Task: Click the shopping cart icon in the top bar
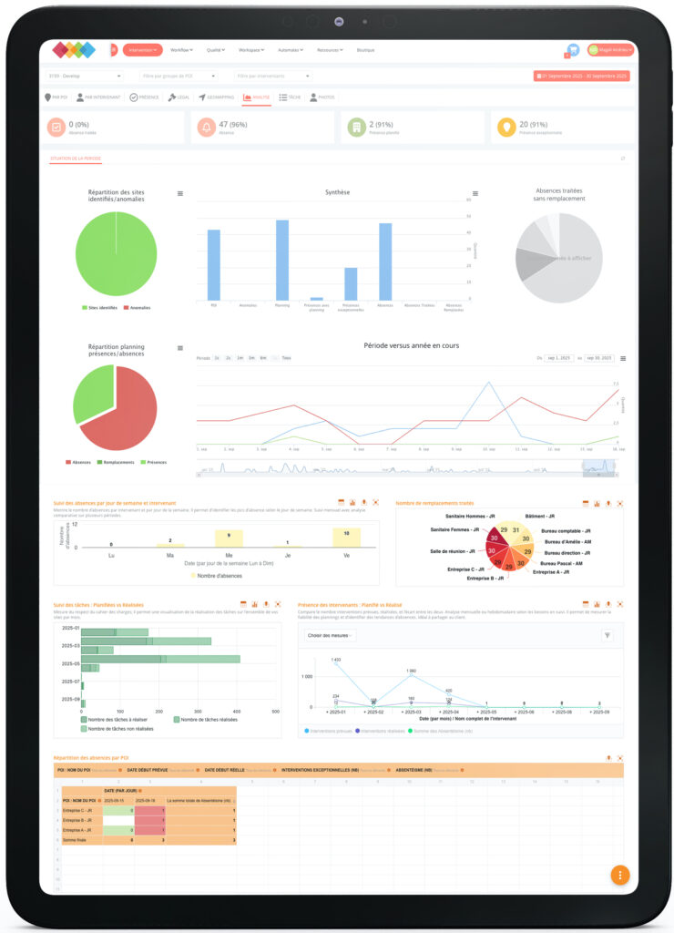point(573,50)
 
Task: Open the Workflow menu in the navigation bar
point(181,50)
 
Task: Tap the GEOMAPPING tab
point(216,97)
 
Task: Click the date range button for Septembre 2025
point(583,76)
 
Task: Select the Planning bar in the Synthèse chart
point(282,260)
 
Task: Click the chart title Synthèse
point(337,192)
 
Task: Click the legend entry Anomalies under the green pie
point(136,308)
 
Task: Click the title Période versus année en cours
point(406,346)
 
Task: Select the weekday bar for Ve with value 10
point(346,538)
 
